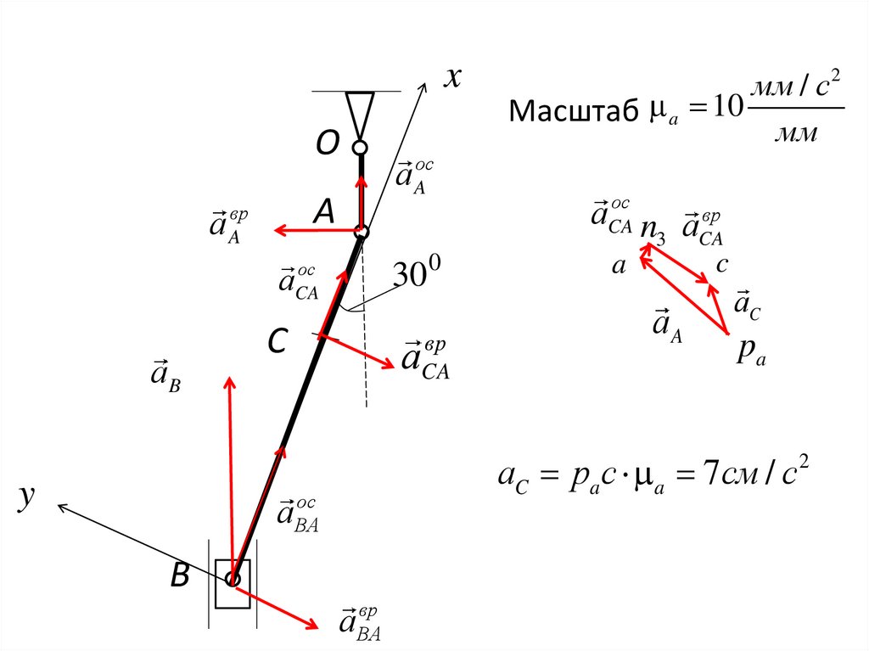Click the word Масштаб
[572, 111]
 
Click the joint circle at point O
[360, 148]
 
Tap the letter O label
[328, 145]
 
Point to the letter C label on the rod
[279, 342]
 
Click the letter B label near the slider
[180, 577]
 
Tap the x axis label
[452, 79]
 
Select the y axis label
[27, 498]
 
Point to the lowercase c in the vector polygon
[721, 265]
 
